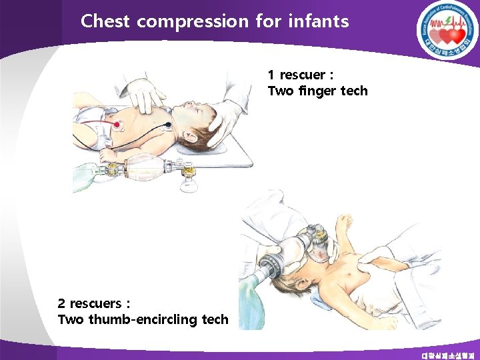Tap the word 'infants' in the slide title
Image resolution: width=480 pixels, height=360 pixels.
point(319,21)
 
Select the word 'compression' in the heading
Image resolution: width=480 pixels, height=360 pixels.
point(192,22)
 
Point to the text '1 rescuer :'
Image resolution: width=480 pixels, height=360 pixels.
point(300,74)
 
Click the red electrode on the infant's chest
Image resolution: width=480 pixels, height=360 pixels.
point(117,123)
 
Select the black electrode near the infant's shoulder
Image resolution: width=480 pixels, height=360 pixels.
point(167,125)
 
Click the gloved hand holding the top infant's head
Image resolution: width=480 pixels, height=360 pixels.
point(223,123)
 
